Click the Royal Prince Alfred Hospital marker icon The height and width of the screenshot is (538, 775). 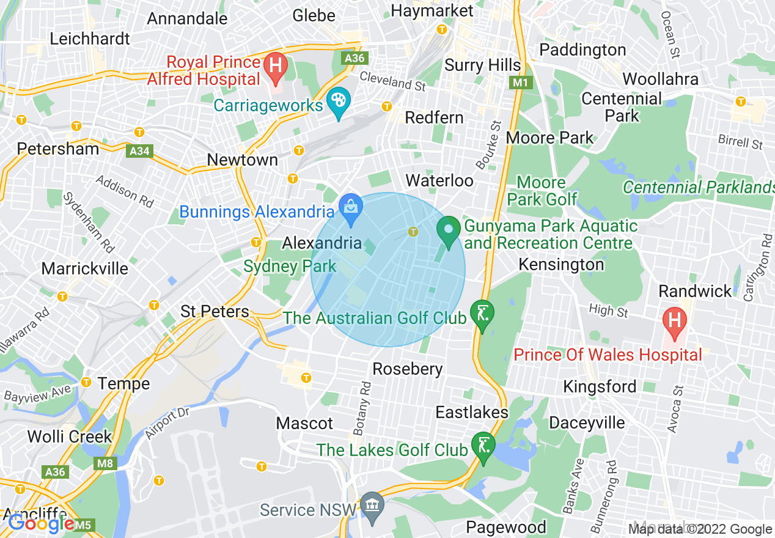pyautogui.click(x=276, y=65)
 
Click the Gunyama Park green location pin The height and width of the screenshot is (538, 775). pyautogui.click(x=449, y=231)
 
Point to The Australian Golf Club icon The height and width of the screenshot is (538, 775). pyautogui.click(x=483, y=315)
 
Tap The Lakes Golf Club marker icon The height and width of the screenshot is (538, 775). pyautogui.click(x=483, y=446)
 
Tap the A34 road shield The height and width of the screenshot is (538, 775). pyautogui.click(x=139, y=150)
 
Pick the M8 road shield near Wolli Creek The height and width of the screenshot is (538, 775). pyautogui.click(x=105, y=463)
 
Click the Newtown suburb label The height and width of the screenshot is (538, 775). pyautogui.click(x=242, y=160)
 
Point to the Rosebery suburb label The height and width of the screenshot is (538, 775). pyautogui.click(x=407, y=369)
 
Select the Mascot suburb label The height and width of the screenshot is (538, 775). pyautogui.click(x=304, y=423)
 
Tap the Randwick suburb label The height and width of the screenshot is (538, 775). pyautogui.click(x=695, y=291)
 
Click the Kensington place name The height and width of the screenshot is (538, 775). pyautogui.click(x=560, y=265)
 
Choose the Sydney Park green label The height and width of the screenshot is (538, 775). pyautogui.click(x=290, y=267)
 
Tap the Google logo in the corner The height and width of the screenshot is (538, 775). pyautogui.click(x=41, y=523)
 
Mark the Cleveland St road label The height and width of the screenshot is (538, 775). pyautogui.click(x=392, y=81)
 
